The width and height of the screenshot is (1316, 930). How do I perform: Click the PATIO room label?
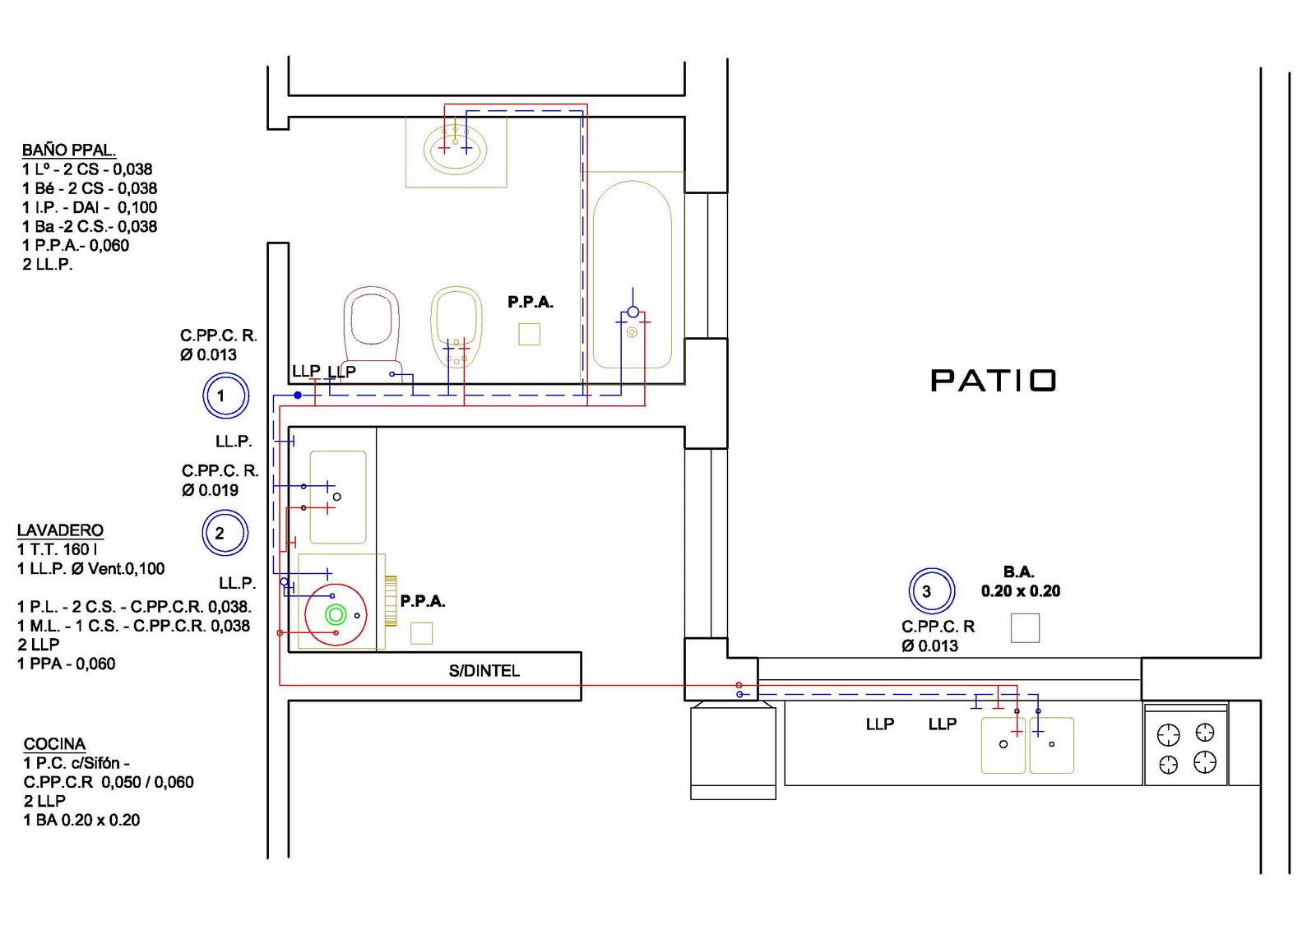[993, 381]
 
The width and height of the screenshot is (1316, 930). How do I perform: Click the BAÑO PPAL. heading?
[68, 150]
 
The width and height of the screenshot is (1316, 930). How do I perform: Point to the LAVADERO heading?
[60, 530]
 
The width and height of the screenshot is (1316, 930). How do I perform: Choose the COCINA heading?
[54, 744]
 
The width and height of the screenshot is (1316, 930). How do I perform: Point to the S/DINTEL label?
[484, 671]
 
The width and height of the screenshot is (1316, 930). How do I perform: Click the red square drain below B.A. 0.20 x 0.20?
[1025, 627]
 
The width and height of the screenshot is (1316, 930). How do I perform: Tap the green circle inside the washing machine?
[335, 614]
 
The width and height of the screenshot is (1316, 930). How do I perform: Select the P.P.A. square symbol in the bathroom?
[529, 334]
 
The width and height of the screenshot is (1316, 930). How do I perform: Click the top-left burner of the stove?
[1168, 733]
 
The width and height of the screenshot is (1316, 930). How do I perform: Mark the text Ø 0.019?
[210, 490]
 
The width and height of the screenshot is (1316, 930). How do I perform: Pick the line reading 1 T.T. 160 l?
[58, 549]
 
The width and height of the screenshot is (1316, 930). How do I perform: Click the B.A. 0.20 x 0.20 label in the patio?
[1020, 581]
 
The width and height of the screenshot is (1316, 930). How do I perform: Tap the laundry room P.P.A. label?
[423, 601]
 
